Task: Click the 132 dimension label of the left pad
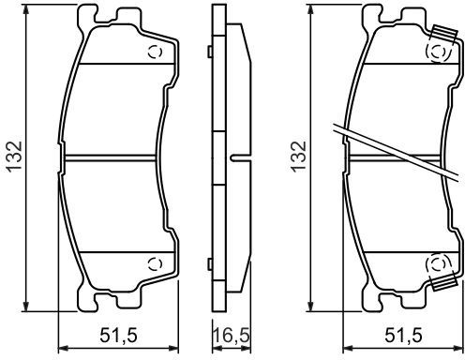point(15,157)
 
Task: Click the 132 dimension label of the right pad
point(298,157)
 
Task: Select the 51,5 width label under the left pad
point(118,336)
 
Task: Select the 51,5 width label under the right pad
point(403,336)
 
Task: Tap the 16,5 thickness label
point(232,336)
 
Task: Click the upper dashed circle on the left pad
point(156,52)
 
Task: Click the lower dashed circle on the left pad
point(156,264)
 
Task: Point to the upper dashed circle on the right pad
point(440,52)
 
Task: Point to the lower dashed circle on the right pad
point(440,264)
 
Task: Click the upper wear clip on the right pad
point(444,33)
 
